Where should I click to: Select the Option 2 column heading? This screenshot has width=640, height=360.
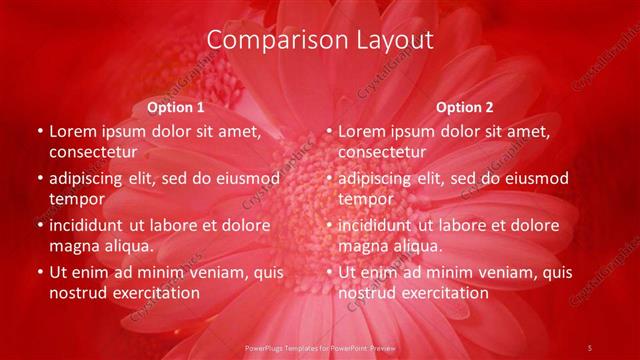(x=464, y=107)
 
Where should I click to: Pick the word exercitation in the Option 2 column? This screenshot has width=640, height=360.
(x=443, y=293)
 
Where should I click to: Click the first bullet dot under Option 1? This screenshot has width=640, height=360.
(x=39, y=132)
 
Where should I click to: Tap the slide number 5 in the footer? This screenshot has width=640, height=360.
(x=589, y=347)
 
